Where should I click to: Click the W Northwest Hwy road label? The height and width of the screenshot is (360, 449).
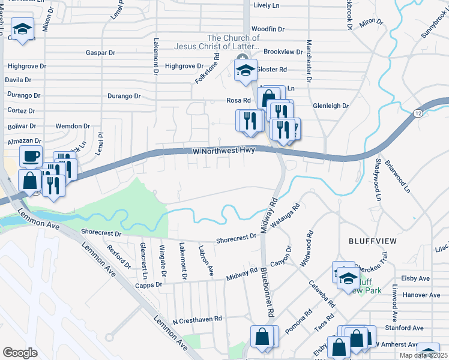pyautogui.click(x=225, y=151)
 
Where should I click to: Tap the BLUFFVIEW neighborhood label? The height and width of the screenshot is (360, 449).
pyautogui.click(x=373, y=241)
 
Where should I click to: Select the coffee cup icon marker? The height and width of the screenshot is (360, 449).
pyautogui.click(x=31, y=156)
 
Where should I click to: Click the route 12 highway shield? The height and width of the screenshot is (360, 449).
pyautogui.click(x=417, y=113)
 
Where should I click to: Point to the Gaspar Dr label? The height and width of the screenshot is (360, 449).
pyautogui.click(x=100, y=53)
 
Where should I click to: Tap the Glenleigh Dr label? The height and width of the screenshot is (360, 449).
pyautogui.click(x=330, y=106)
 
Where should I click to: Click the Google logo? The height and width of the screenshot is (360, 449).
pyautogui.click(x=20, y=352)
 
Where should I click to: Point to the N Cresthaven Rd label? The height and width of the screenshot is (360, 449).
pyautogui.click(x=197, y=319)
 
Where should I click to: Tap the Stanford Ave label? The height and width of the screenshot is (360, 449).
pyautogui.click(x=406, y=328)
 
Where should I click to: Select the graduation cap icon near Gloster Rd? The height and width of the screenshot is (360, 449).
pyautogui.click(x=246, y=70)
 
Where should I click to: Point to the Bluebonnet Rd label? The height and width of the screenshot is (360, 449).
pyautogui.click(x=267, y=292)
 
